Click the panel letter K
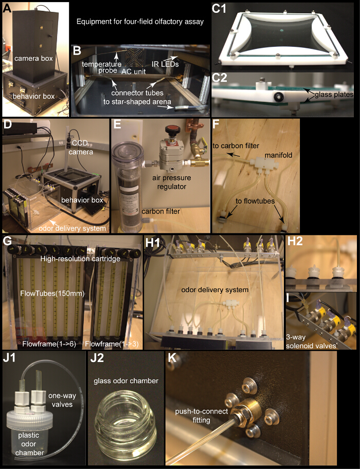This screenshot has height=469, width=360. point(173,358)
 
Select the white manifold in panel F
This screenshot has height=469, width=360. point(264,164)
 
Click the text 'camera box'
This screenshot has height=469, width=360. point(33,58)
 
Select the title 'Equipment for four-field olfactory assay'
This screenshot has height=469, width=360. point(140,22)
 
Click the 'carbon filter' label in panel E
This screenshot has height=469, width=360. point(161,211)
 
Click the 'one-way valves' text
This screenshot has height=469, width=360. point(63,400)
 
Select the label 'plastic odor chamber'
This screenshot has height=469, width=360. point(29,444)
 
